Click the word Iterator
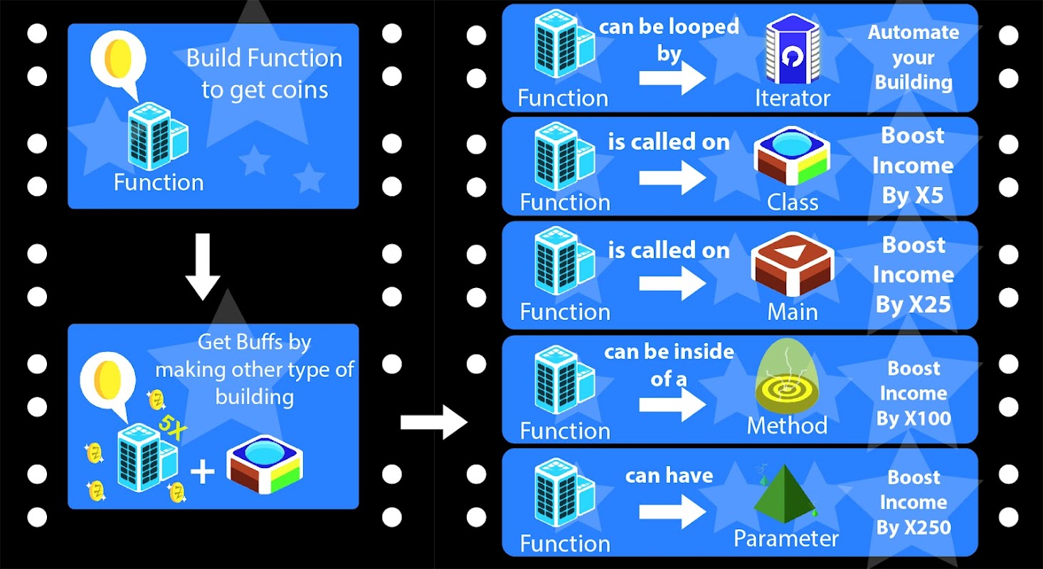pos(793,98)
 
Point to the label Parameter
pos(786,538)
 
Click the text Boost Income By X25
pos(914,275)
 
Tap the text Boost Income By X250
pos(914,502)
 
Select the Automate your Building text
pos(914,58)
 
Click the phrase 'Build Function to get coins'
pos(264,74)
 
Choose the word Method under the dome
pos(786,425)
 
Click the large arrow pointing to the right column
pos(433,422)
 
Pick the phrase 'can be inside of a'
pos(669,365)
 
